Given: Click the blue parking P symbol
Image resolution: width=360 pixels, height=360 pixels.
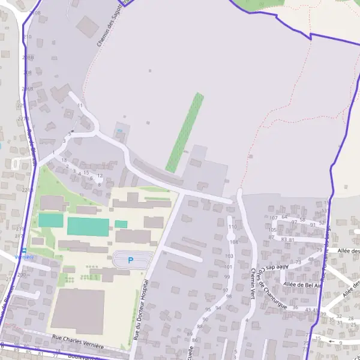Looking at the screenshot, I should coord(131,260).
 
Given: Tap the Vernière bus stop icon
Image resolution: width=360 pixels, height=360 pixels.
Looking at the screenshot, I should coord(24,250).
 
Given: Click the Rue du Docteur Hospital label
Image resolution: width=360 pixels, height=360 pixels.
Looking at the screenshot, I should coord(142,311).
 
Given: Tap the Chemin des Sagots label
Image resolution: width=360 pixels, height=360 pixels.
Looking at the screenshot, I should coord(113,24).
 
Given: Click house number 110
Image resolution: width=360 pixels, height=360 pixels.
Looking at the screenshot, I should coord(232,227).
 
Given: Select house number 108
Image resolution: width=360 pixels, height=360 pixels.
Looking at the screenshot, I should coord(233,242).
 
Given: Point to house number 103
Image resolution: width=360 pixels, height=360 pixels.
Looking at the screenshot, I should coord(228,256).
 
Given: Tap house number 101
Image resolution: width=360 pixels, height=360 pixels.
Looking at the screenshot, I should coord(227,266).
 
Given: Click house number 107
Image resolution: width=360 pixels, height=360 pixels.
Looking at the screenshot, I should coord(274,218).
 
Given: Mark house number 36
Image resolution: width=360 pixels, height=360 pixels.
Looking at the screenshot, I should coord(295,308).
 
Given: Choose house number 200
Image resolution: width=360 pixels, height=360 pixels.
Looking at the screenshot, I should coord(22,274).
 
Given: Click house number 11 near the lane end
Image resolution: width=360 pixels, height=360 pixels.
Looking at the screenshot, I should coord(80,106).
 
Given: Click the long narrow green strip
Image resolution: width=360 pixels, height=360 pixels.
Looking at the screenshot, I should coord(184,132).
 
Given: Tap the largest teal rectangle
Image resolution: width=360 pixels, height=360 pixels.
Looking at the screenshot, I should coord(88,227).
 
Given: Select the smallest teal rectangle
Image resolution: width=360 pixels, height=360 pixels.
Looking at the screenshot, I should coord(121,224).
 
